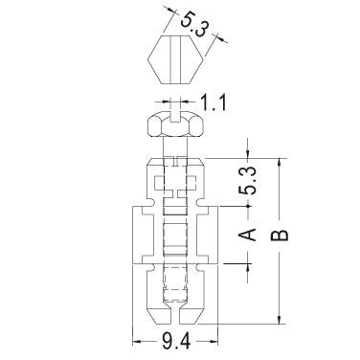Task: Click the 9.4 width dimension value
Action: click(176, 341)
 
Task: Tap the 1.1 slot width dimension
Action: click(213, 102)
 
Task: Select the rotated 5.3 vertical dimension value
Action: click(248, 180)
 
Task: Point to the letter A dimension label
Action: click(248, 235)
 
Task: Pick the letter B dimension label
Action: click(280, 236)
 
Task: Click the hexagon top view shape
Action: click(175, 59)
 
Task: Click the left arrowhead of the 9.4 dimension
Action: click(137, 342)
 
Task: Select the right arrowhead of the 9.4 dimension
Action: click(214, 342)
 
